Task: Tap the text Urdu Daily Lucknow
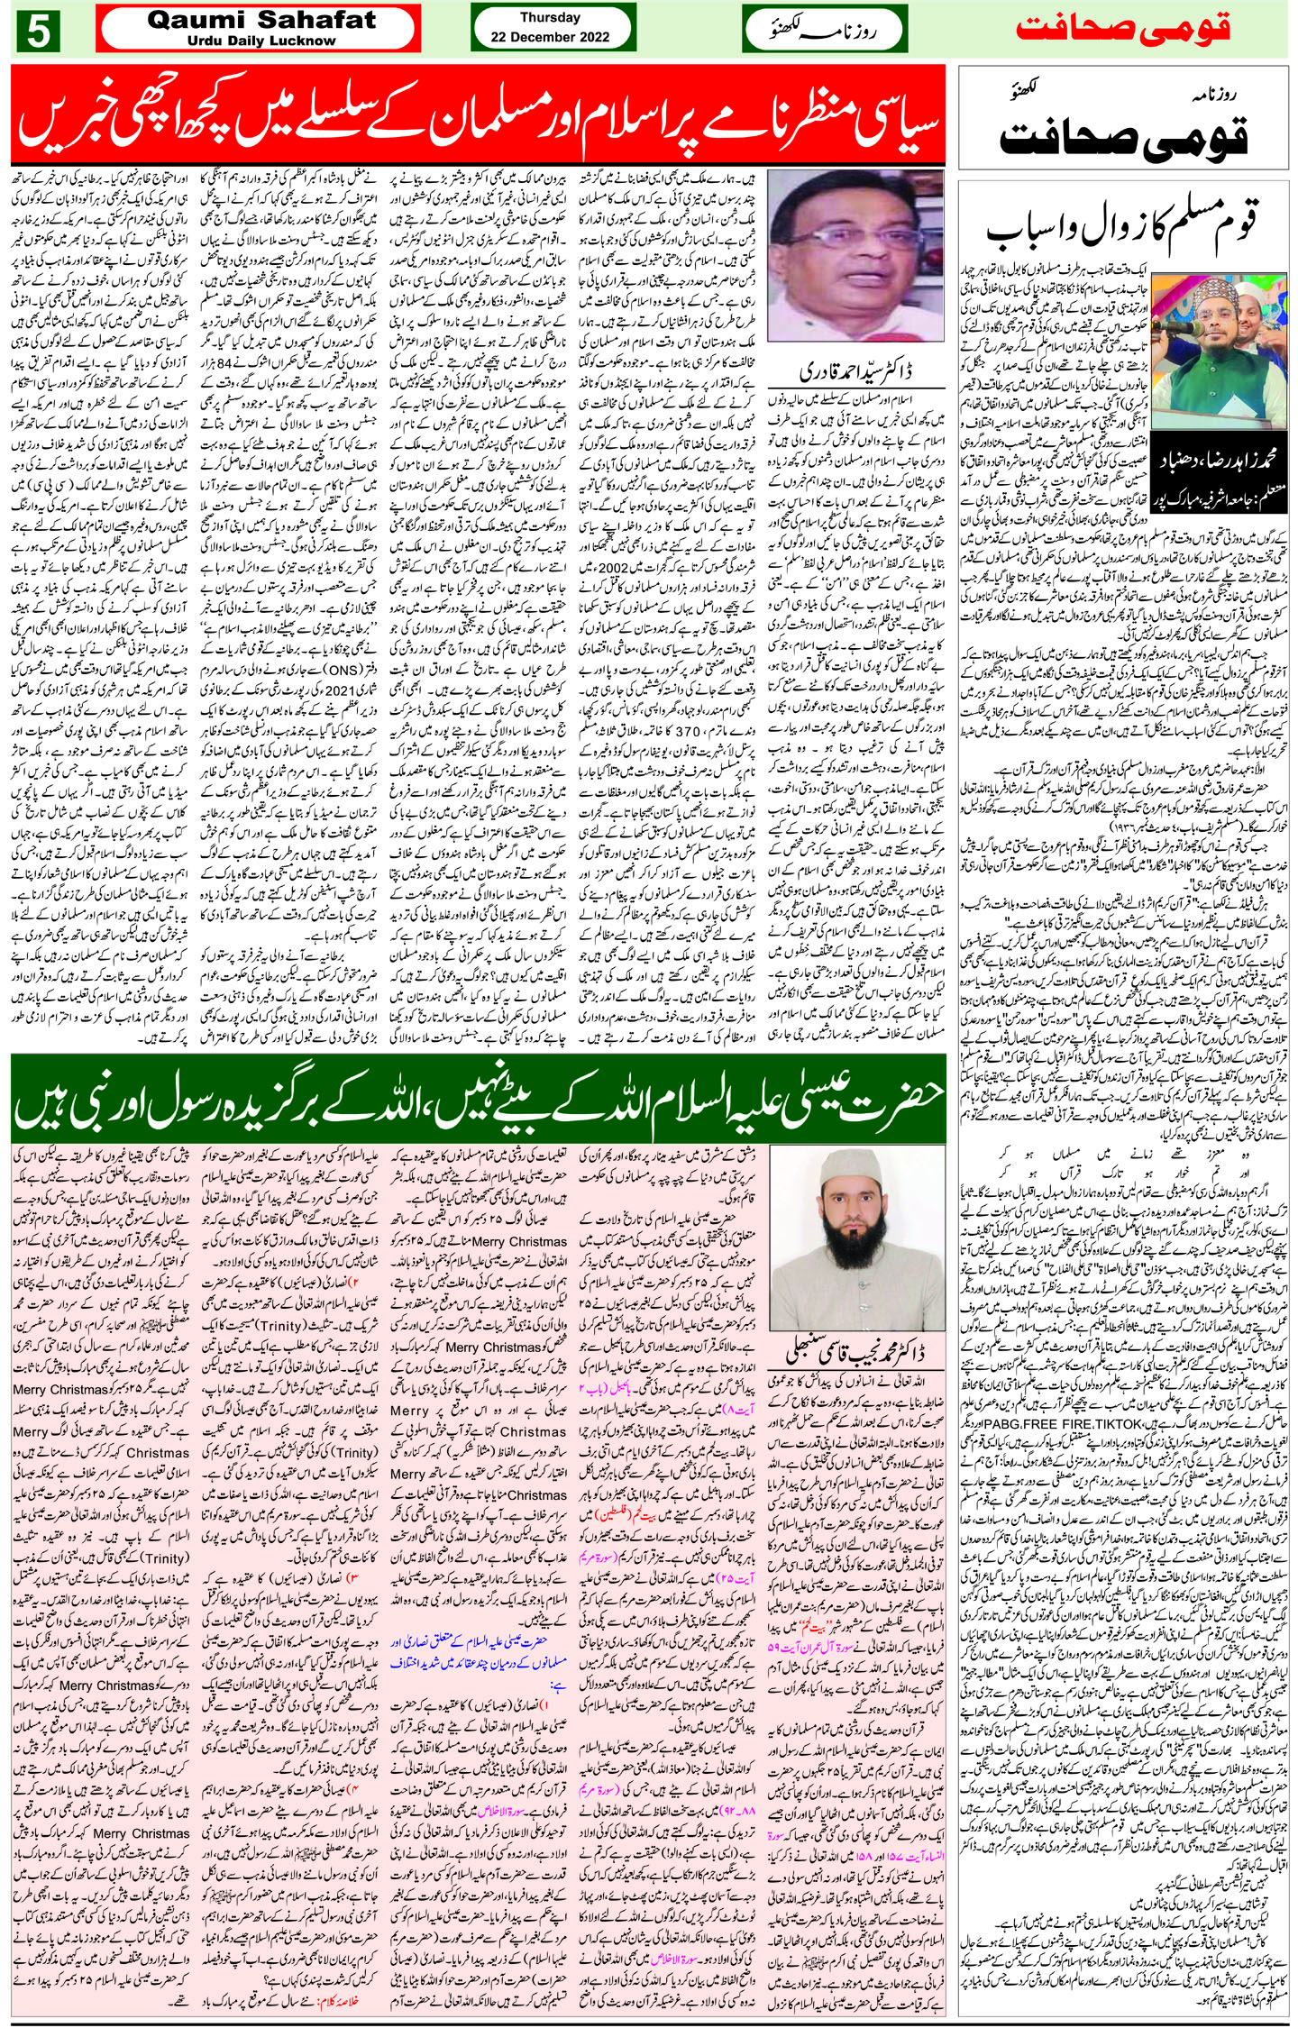pyautogui.click(x=261, y=41)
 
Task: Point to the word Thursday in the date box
pyautogui.click(x=550, y=17)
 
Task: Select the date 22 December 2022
pyautogui.click(x=550, y=37)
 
